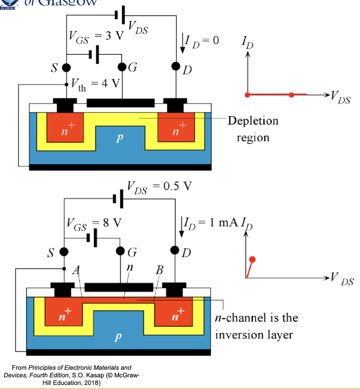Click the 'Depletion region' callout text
coord(253,129)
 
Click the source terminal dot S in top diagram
coord(66,68)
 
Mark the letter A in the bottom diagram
coord(76,271)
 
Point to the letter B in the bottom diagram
coord(159,270)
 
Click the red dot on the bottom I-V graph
coord(253,259)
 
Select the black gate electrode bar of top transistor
coord(120,103)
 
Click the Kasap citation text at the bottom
coord(72,375)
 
